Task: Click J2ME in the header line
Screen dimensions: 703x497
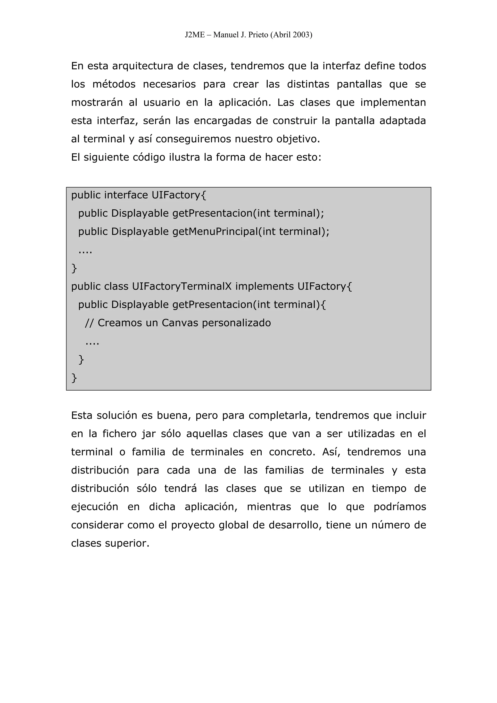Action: (x=195, y=35)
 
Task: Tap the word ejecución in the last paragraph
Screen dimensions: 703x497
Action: (x=95, y=507)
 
